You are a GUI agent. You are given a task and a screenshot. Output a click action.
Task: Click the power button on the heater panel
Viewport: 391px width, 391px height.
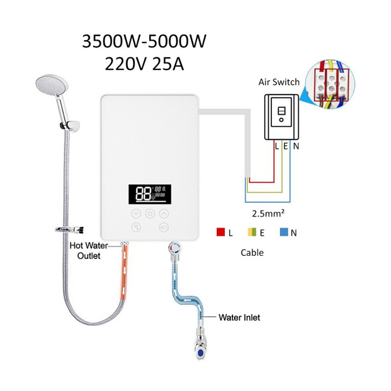pyautogui.click(x=150, y=213)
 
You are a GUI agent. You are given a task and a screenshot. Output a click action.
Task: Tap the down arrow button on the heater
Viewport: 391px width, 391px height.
pyautogui.click(x=136, y=213)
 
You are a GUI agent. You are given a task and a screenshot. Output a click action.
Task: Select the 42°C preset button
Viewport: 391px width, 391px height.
pyautogui.click(x=164, y=227)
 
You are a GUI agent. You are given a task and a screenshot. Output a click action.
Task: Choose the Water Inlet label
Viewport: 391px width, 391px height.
pyautogui.click(x=239, y=317)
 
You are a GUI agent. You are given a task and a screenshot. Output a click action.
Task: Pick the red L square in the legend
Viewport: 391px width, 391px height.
pyautogui.click(x=220, y=233)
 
